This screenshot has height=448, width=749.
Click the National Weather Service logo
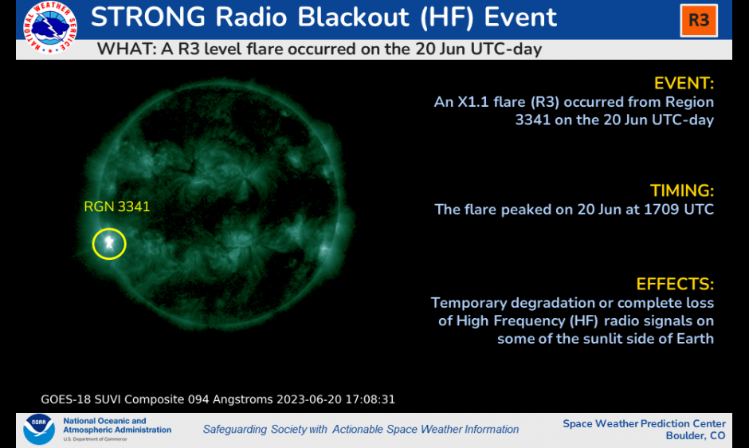pyautogui.click(x=50, y=26)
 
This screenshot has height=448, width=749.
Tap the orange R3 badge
pyautogui.click(x=699, y=21)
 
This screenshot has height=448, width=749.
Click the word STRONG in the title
pyautogui.click(x=148, y=18)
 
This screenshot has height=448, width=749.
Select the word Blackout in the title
pyautogui.click(x=354, y=18)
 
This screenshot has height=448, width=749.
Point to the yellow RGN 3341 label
pyautogui.click(x=117, y=206)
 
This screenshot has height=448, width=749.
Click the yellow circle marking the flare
pyautogui.click(x=109, y=229)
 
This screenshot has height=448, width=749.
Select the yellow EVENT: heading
pyautogui.click(x=684, y=83)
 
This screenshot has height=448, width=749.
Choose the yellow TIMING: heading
pyautogui.click(x=681, y=191)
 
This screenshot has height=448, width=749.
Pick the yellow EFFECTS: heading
pyautogui.click(x=675, y=284)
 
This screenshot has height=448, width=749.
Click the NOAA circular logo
pyautogui.click(x=39, y=429)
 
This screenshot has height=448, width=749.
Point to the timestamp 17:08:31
pyautogui.click(x=371, y=399)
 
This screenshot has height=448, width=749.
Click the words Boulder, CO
pyautogui.click(x=696, y=435)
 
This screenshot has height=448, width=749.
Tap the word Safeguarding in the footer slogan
pyautogui.click(x=235, y=430)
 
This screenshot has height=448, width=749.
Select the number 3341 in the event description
pyautogui.click(x=532, y=120)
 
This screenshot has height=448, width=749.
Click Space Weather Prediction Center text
pyautogui.click(x=644, y=423)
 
